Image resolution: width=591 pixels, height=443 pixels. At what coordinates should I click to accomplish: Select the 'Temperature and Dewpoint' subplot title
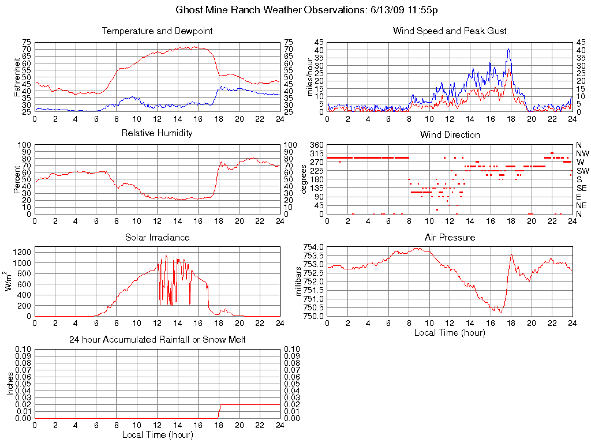[x=157, y=31]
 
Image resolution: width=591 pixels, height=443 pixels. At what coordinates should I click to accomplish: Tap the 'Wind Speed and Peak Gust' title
[x=450, y=31]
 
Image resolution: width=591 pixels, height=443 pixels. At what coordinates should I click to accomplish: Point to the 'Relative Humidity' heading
[x=157, y=133]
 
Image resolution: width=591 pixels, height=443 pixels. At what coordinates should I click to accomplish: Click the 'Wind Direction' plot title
[x=450, y=134]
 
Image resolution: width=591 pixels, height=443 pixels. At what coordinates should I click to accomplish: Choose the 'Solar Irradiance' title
[x=157, y=237]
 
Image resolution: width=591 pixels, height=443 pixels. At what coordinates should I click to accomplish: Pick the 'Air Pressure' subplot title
[x=450, y=237]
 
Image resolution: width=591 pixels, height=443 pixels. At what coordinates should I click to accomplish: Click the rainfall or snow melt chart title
[x=157, y=340]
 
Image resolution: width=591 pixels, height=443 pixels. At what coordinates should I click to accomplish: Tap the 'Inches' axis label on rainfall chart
[x=10, y=384]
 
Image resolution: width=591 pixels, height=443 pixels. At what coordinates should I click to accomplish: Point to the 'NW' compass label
[x=582, y=153]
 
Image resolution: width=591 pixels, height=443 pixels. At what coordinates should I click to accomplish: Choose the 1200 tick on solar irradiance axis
[x=23, y=252]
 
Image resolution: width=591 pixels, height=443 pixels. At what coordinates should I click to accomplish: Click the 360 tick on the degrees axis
[x=316, y=144]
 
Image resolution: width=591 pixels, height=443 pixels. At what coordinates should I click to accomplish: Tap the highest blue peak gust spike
[x=509, y=49]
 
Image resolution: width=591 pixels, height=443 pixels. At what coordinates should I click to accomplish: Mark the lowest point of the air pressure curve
[x=500, y=313]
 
